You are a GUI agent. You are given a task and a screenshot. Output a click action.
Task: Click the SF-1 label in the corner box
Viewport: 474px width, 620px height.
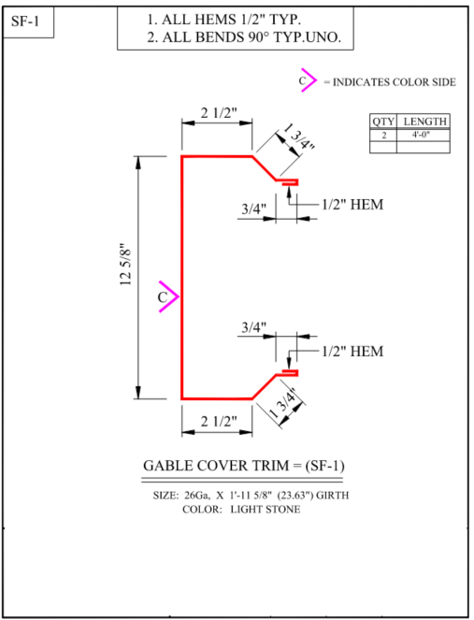(x=25, y=21)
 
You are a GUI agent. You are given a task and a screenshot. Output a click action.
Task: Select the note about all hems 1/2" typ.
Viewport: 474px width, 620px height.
(x=224, y=19)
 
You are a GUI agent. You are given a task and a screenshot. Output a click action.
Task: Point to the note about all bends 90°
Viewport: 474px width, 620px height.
(x=244, y=37)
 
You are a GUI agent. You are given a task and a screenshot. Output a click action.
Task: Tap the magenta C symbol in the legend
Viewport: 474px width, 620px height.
(x=308, y=80)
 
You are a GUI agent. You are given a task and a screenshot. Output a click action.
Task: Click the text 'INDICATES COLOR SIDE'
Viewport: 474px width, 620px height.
(x=395, y=82)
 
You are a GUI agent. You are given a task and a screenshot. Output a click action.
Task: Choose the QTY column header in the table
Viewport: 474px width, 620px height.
(x=383, y=122)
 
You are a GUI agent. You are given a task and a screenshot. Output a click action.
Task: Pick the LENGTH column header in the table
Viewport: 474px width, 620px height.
(x=425, y=122)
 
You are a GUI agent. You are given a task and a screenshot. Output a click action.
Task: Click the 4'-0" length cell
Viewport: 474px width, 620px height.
(x=421, y=135)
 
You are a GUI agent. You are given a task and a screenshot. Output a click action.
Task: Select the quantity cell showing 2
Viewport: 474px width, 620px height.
(x=384, y=136)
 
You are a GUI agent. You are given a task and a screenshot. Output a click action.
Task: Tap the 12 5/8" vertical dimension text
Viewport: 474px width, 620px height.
(x=125, y=265)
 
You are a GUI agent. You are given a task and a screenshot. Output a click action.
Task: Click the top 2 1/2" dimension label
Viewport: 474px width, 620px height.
(x=219, y=113)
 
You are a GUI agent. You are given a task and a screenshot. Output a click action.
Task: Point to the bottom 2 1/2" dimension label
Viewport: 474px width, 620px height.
(x=219, y=421)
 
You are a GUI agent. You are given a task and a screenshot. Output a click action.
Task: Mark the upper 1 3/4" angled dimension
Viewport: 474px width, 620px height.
(x=299, y=137)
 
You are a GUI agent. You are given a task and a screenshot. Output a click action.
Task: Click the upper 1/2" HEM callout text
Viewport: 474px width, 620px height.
(x=352, y=205)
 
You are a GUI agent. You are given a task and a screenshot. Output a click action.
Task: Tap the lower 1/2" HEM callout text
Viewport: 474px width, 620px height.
(x=352, y=351)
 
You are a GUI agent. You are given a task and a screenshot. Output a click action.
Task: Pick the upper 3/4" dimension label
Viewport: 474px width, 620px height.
(x=253, y=209)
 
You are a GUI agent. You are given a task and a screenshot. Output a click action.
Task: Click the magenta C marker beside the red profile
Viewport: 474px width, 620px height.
(x=168, y=296)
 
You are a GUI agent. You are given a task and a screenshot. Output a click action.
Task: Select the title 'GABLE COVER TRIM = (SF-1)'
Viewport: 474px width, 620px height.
(x=243, y=466)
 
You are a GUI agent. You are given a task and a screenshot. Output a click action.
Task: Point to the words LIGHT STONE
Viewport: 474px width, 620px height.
(x=266, y=510)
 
